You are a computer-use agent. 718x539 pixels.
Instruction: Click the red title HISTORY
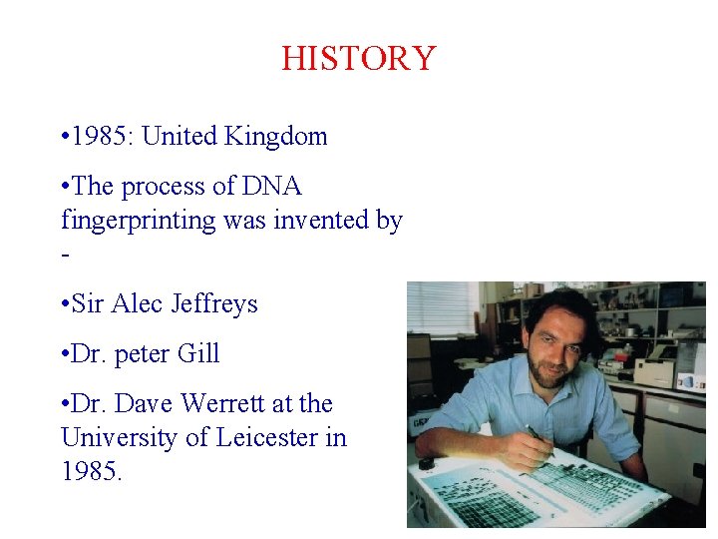358,58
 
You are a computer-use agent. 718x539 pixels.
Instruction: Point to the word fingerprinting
139,221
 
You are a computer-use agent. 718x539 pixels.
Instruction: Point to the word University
121,437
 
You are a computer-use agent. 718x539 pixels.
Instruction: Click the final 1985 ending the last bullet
92,471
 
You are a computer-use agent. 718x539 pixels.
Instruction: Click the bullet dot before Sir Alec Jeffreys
64,304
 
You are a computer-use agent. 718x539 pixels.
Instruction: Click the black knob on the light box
427,463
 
